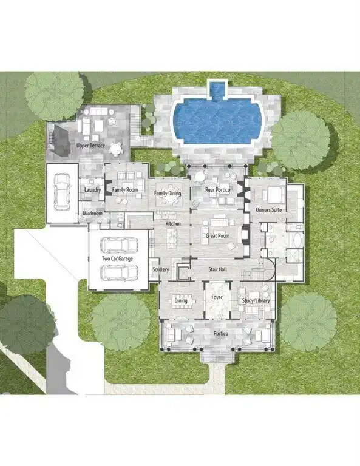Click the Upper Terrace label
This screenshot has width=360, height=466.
click(x=90, y=146)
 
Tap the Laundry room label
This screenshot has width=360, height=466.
click(x=92, y=189)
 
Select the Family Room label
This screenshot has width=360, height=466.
click(x=125, y=189)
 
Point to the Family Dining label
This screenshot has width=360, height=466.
click(x=168, y=193)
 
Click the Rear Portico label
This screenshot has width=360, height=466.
click(x=217, y=189)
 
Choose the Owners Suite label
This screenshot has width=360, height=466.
click(x=269, y=209)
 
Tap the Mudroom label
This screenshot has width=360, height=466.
click(x=92, y=213)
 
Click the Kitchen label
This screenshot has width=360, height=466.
click(x=173, y=223)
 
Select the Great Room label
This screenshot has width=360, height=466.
click(x=217, y=235)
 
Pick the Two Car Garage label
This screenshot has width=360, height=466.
click(x=117, y=258)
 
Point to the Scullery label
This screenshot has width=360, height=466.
click(x=160, y=269)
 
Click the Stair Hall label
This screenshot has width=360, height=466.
click(x=217, y=269)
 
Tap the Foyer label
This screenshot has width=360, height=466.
click(x=217, y=297)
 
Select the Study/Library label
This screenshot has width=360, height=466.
click(x=256, y=300)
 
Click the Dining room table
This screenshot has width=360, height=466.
click(x=181, y=301)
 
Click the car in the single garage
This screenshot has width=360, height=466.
click(x=62, y=192)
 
